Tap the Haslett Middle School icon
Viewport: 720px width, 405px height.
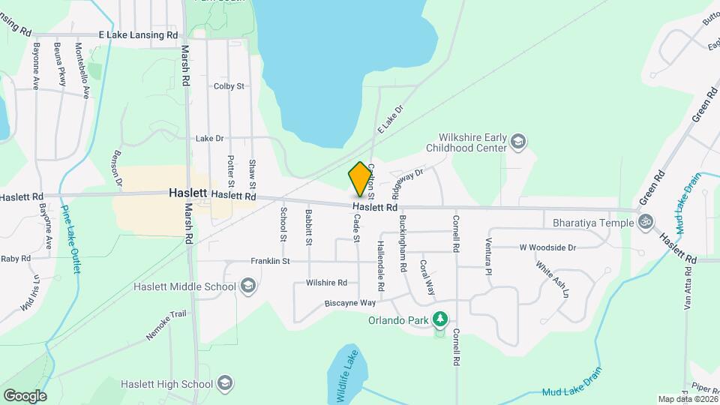248,286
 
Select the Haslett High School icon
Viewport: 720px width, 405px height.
224,384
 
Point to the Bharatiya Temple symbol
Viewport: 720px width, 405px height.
645,222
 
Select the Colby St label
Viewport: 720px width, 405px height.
229,86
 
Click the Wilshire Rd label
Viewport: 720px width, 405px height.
326,283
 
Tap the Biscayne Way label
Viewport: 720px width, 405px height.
349,303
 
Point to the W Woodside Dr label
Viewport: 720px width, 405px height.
547,247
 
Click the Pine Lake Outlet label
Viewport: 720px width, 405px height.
70,239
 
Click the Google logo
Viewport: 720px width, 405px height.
25,395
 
